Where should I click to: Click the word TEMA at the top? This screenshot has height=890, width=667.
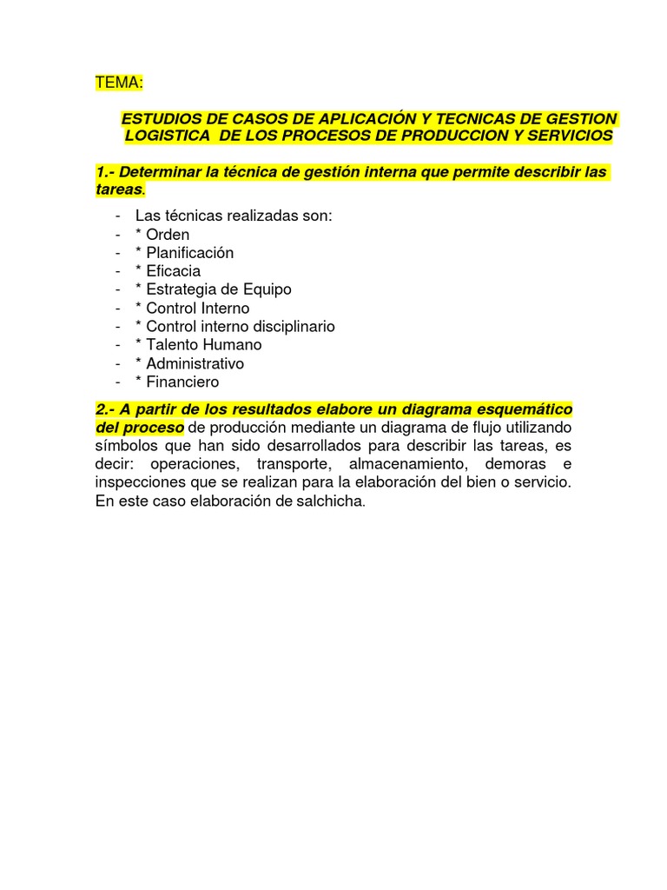117,83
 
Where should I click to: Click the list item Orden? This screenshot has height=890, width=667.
168,235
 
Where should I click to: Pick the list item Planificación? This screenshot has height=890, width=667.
190,253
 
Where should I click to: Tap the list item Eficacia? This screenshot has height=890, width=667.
174,271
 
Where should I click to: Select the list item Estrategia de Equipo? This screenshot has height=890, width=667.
219,289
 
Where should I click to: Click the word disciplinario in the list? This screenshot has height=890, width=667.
292,327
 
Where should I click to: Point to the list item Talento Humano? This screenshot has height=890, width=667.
204,345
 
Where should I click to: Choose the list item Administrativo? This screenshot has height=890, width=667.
195,363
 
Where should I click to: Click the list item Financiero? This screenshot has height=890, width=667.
182,382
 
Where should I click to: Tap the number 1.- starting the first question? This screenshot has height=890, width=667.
108,172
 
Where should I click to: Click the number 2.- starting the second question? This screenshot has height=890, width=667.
108,409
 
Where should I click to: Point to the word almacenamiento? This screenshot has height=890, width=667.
408,464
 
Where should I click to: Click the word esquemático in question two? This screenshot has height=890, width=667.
525,409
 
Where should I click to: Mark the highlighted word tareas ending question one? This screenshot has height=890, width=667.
119,189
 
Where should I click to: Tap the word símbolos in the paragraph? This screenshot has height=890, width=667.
125,446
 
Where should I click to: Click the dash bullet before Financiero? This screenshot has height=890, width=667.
116,382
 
